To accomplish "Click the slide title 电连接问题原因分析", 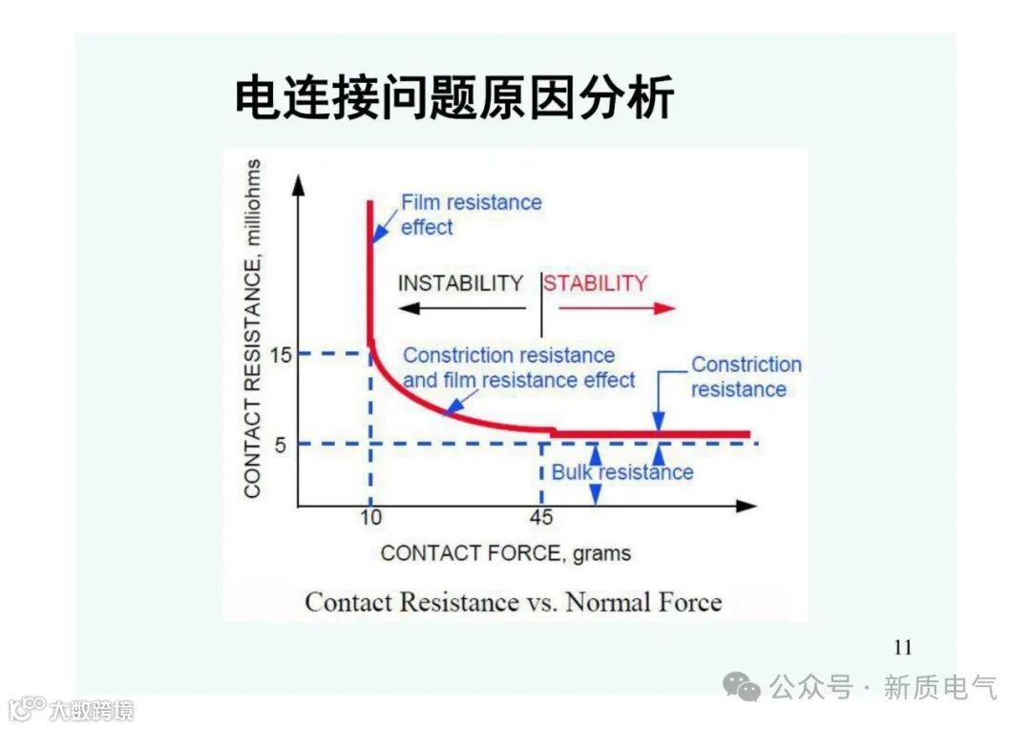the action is pos(454,98).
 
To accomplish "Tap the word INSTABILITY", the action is pos(460,283).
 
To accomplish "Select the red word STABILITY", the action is pos(596,283).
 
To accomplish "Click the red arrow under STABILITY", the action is pos(617,307).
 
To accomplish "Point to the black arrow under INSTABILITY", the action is pos(462,307).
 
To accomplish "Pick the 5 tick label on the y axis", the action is pos(282,444).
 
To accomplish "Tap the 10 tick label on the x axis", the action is pos(370,518).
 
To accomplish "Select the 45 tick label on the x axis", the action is pos(541,518).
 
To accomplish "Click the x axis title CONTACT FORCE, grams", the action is pos(505,553).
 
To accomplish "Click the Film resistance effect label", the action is pos(471,215).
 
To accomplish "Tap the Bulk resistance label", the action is pos(622,472).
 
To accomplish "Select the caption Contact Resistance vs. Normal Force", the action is pos(513,602).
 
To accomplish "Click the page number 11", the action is pos(902,649).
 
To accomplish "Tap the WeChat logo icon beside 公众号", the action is pos(742,686).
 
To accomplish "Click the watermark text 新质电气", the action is pos(939,687).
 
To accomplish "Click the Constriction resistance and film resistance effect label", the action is pos(518,367).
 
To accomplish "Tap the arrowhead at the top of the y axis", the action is pos(298,183).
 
